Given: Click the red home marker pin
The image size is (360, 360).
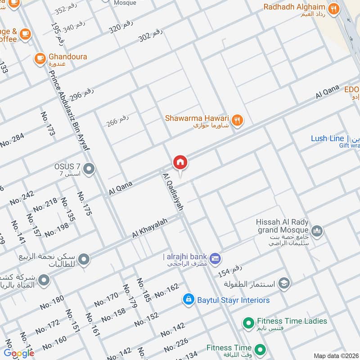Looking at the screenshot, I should click(x=180, y=162).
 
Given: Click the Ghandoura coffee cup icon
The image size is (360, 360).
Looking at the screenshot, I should click(x=40, y=58).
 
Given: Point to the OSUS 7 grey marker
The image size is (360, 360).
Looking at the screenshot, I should click(x=89, y=169).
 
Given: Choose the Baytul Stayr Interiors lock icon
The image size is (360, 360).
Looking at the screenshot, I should click(x=189, y=300).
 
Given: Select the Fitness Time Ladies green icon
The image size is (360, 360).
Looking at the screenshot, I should click(x=247, y=322).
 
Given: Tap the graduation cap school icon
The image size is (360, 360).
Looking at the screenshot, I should click(x=284, y=283).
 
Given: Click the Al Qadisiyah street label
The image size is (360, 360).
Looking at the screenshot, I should click(x=173, y=193).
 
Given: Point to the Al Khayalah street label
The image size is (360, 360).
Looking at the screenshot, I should click(x=149, y=229).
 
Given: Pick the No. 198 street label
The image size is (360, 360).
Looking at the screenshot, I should click(x=57, y=229).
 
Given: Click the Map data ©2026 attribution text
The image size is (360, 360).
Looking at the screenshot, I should click(x=335, y=355).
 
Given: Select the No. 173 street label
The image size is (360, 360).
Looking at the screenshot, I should click(x=49, y=124).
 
